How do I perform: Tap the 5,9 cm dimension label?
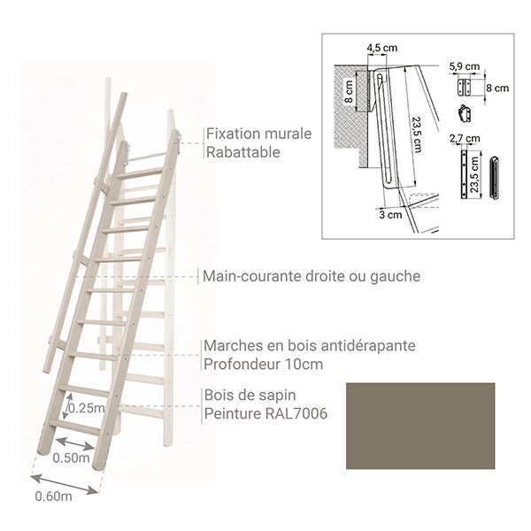coord(463,65)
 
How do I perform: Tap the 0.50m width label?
coord(72,458)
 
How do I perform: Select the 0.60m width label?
coord(53,496)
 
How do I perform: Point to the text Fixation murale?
coord(258,135)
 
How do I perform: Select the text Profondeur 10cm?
coord(263,363)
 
